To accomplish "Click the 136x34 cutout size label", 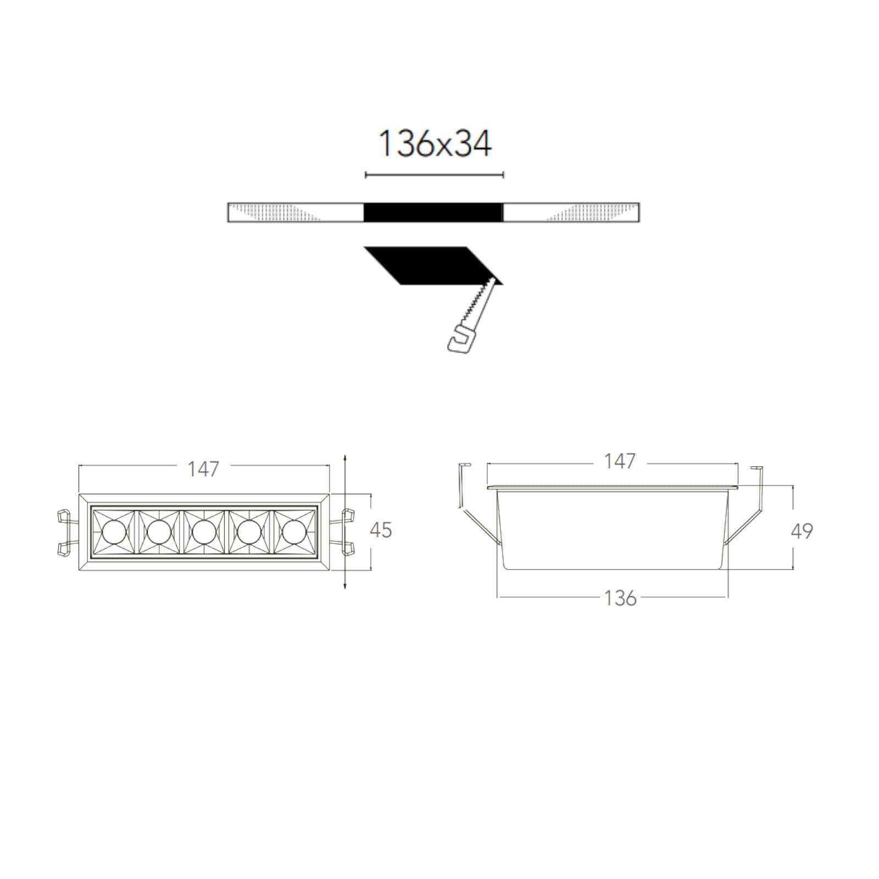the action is point(435,144).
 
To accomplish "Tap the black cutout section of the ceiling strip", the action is point(433,213).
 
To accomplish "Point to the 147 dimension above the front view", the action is point(203,469).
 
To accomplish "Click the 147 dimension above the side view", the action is point(620,461).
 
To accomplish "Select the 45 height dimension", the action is point(381,530).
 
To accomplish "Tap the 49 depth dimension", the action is point(802,531).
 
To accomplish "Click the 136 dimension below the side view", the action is point(620,598).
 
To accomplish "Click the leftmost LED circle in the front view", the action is point(114,532).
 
